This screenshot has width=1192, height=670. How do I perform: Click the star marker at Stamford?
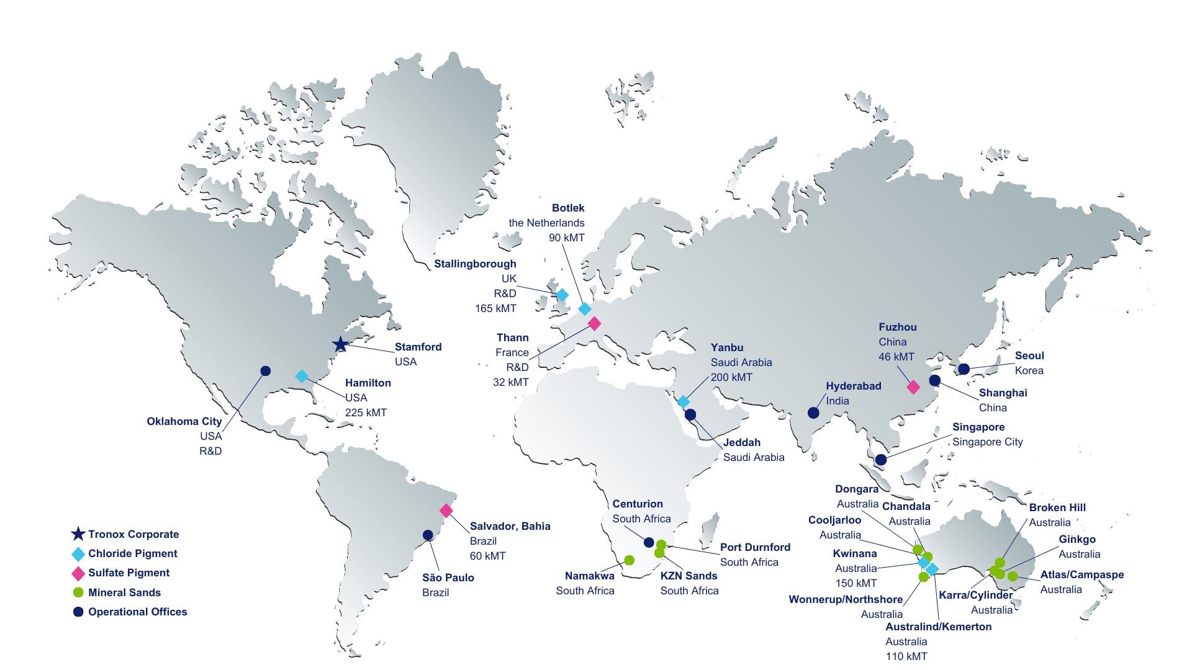click(x=340, y=344)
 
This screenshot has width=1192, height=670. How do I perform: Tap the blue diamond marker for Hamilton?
click(x=302, y=376)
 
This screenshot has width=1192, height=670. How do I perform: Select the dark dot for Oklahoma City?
click(x=265, y=371)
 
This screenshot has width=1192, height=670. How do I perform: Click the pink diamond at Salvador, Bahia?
click(x=446, y=511)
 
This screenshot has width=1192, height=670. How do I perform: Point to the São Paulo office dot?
click(x=428, y=535)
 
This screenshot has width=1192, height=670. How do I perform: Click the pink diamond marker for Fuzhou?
click(x=913, y=387)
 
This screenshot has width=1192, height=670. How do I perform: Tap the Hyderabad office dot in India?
click(x=813, y=413)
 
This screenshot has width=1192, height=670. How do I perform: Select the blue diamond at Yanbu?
click(x=684, y=401)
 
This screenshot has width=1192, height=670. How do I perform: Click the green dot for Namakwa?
click(x=629, y=560)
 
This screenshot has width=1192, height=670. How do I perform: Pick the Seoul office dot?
click(x=964, y=369)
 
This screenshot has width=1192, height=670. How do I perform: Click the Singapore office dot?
click(x=881, y=460)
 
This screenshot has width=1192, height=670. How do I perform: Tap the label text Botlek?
click(x=568, y=208)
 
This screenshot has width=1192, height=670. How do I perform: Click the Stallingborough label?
click(x=475, y=264)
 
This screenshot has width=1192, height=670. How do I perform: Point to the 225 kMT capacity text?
click(x=366, y=413)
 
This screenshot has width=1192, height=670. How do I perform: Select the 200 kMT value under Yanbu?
click(x=731, y=377)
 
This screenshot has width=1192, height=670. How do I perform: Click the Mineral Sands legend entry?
click(x=124, y=592)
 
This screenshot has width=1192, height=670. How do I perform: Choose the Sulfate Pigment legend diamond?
click(x=78, y=573)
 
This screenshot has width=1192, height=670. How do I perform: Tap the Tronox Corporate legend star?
click(x=78, y=534)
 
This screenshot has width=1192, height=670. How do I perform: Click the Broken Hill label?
click(x=1057, y=507)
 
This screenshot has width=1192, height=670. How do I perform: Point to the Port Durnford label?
click(x=755, y=547)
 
